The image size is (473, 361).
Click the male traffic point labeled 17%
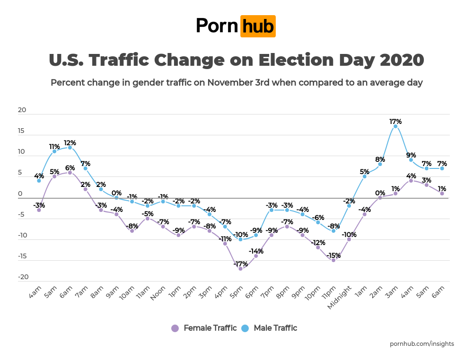(395, 126)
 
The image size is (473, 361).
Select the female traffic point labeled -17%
(240, 268)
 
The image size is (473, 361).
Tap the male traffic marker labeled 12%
(70, 147)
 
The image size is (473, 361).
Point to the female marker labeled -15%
(333, 260)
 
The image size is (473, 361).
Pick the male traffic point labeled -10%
(240, 239)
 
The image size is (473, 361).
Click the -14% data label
(256, 251)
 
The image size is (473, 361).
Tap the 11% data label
(54, 146)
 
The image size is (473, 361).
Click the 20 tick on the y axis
(22, 110)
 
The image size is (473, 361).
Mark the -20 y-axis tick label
(22, 277)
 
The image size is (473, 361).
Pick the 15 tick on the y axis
(22, 131)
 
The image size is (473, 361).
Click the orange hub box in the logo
(258, 26)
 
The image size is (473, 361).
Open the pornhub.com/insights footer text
(422, 344)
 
